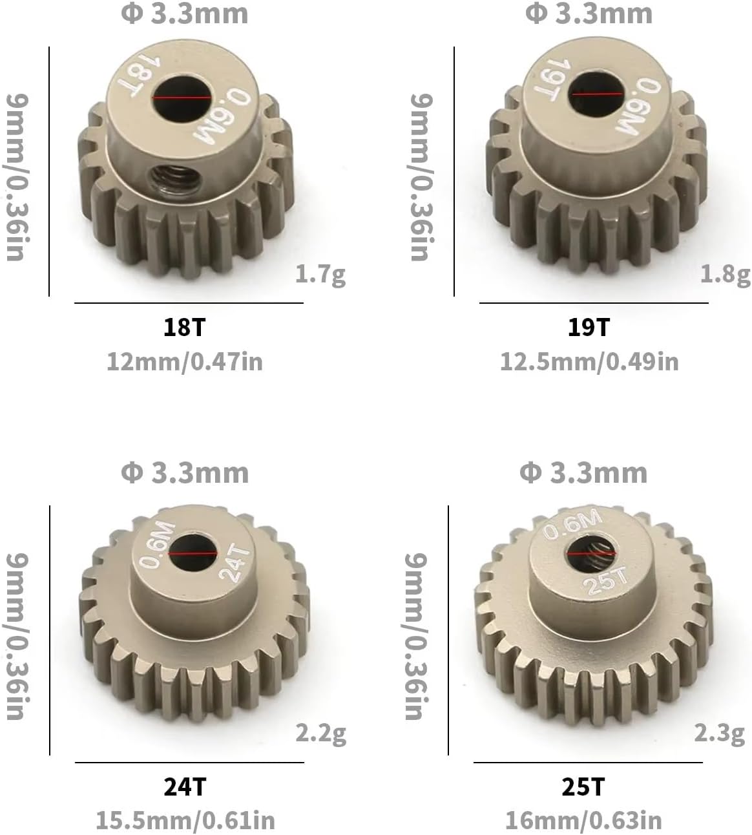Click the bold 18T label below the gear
(x=184, y=327)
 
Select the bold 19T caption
(x=589, y=327)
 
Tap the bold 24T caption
(x=185, y=787)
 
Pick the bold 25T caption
(x=583, y=787)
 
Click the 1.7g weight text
(x=320, y=275)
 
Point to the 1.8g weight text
(x=726, y=275)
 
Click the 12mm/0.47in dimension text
(x=185, y=362)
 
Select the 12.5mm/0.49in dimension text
(x=589, y=362)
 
